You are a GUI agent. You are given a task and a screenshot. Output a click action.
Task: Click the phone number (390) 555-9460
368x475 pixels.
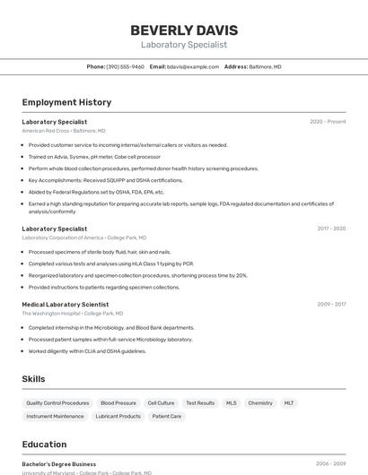pos(125,66)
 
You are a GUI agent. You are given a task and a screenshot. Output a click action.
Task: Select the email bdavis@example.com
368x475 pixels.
pos(193,66)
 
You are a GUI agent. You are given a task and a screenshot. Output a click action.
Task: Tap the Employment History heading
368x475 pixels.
pos(66,102)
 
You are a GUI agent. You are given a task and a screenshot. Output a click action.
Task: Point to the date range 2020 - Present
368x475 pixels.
pos(328,122)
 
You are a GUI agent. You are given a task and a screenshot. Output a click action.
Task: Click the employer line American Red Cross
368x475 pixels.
pos(64,131)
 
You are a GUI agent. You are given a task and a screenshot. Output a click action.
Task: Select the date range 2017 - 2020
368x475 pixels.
pos(331,229)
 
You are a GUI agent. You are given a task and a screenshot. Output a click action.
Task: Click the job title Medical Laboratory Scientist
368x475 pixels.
pos(65,305)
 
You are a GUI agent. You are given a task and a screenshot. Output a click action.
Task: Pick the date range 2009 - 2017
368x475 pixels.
pos(331,305)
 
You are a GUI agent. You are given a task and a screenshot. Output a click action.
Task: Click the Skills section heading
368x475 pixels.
pos(33,379)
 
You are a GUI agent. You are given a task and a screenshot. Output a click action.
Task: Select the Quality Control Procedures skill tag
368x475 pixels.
pos(57,403)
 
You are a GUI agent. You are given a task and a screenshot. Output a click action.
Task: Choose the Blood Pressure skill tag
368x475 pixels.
pos(118,403)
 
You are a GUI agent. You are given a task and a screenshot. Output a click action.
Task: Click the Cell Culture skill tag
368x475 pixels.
pos(161,403)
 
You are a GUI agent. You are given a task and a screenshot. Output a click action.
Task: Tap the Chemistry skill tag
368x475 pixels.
pos(260,403)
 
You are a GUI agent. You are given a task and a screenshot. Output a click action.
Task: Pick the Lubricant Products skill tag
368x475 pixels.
pos(118,417)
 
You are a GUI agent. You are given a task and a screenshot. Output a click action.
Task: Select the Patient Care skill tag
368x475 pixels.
pos(167,417)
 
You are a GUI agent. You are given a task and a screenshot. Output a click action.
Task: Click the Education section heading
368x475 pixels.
pos(44,445)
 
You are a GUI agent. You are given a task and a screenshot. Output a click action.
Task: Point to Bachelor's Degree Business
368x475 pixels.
pos(58,464)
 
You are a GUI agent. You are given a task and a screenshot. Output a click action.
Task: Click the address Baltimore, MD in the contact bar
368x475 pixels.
pos(265,66)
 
